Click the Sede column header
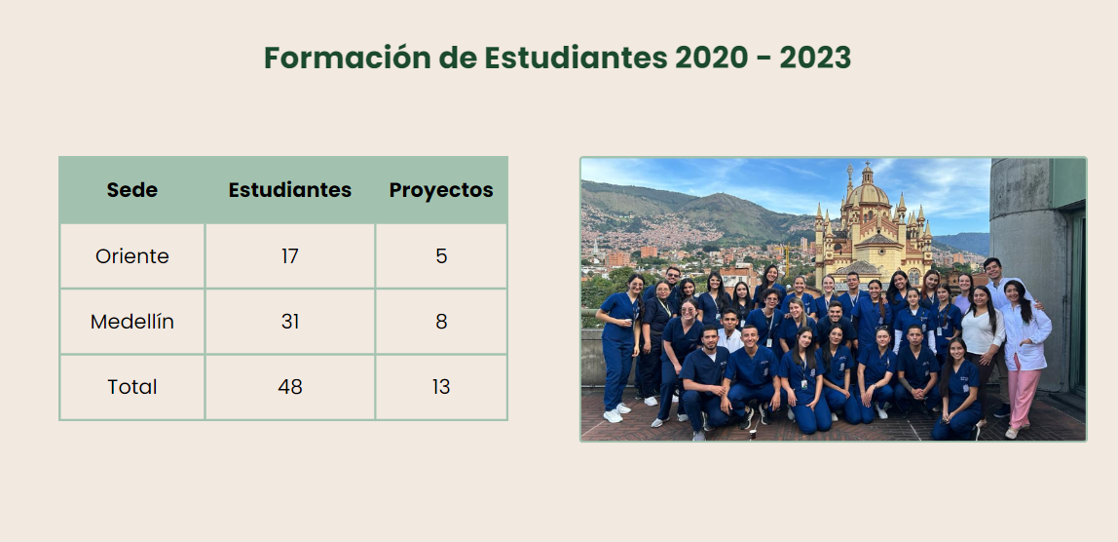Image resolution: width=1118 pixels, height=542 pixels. coord(131,190)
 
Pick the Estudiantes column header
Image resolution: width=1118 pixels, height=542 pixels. coord(289,190)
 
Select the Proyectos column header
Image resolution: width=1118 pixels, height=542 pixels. coord(440,190)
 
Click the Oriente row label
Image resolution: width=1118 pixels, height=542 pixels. coord(131,256)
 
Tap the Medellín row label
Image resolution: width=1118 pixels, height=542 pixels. coord(131,322)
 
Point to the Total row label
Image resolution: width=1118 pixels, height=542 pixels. coord(131,387)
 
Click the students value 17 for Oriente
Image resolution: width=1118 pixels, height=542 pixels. coord(289,256)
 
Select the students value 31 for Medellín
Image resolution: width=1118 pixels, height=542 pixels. coord(289,322)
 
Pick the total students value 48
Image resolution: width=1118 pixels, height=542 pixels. coord(289,387)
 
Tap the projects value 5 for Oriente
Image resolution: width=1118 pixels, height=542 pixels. coord(441,256)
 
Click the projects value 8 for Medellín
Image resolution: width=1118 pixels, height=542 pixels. coord(441,322)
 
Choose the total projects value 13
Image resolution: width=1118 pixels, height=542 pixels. coord(440,387)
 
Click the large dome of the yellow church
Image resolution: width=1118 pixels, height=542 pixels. coord(867,194)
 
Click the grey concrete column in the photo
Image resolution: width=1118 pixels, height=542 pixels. coord(1026,271)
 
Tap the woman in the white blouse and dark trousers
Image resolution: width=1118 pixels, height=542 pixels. coord(983,343)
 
